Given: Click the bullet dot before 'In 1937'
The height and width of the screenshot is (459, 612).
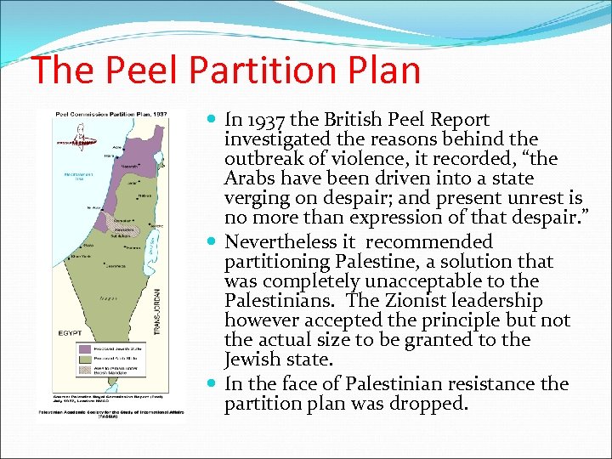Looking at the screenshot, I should [214, 120].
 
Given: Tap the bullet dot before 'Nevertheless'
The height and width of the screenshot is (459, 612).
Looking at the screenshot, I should [214, 242].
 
